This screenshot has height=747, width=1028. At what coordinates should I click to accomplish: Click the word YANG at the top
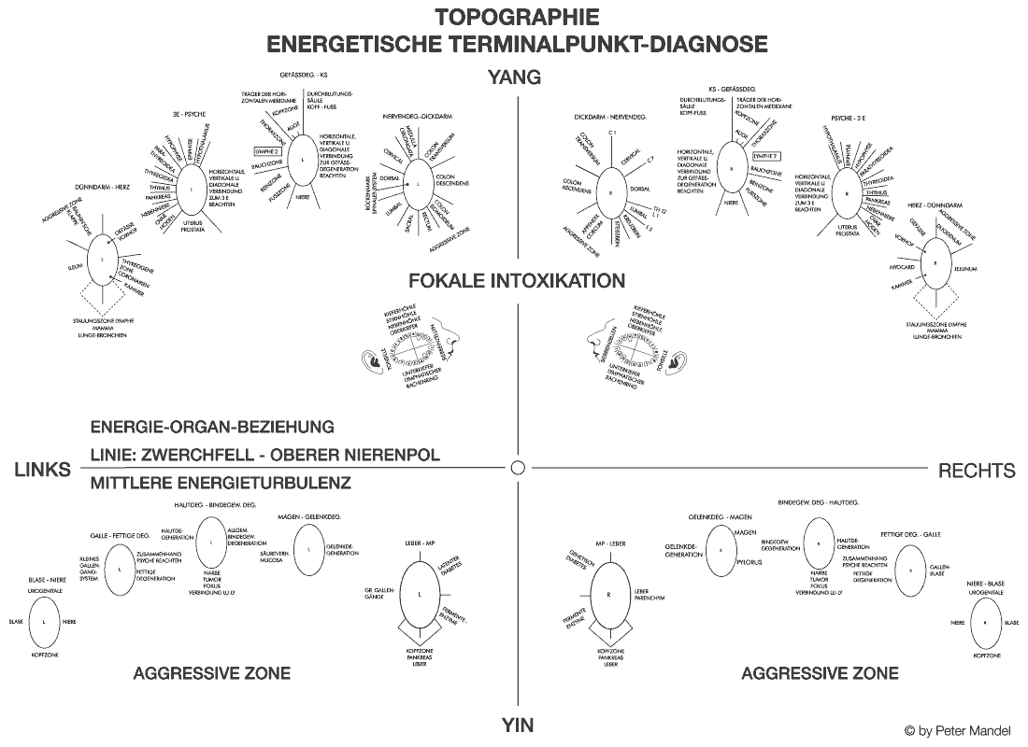[515, 78]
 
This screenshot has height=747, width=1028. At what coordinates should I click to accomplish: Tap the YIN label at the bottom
[517, 724]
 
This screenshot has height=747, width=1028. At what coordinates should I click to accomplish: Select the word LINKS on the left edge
[43, 471]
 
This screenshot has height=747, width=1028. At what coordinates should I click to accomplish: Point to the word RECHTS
[976, 471]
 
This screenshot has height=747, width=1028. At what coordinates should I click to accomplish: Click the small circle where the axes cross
[519, 467]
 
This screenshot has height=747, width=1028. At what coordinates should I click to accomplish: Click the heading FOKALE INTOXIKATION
[516, 280]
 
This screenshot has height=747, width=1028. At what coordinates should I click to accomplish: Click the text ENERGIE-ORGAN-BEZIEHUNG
[212, 427]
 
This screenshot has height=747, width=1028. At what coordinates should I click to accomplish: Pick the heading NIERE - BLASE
[987, 582]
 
